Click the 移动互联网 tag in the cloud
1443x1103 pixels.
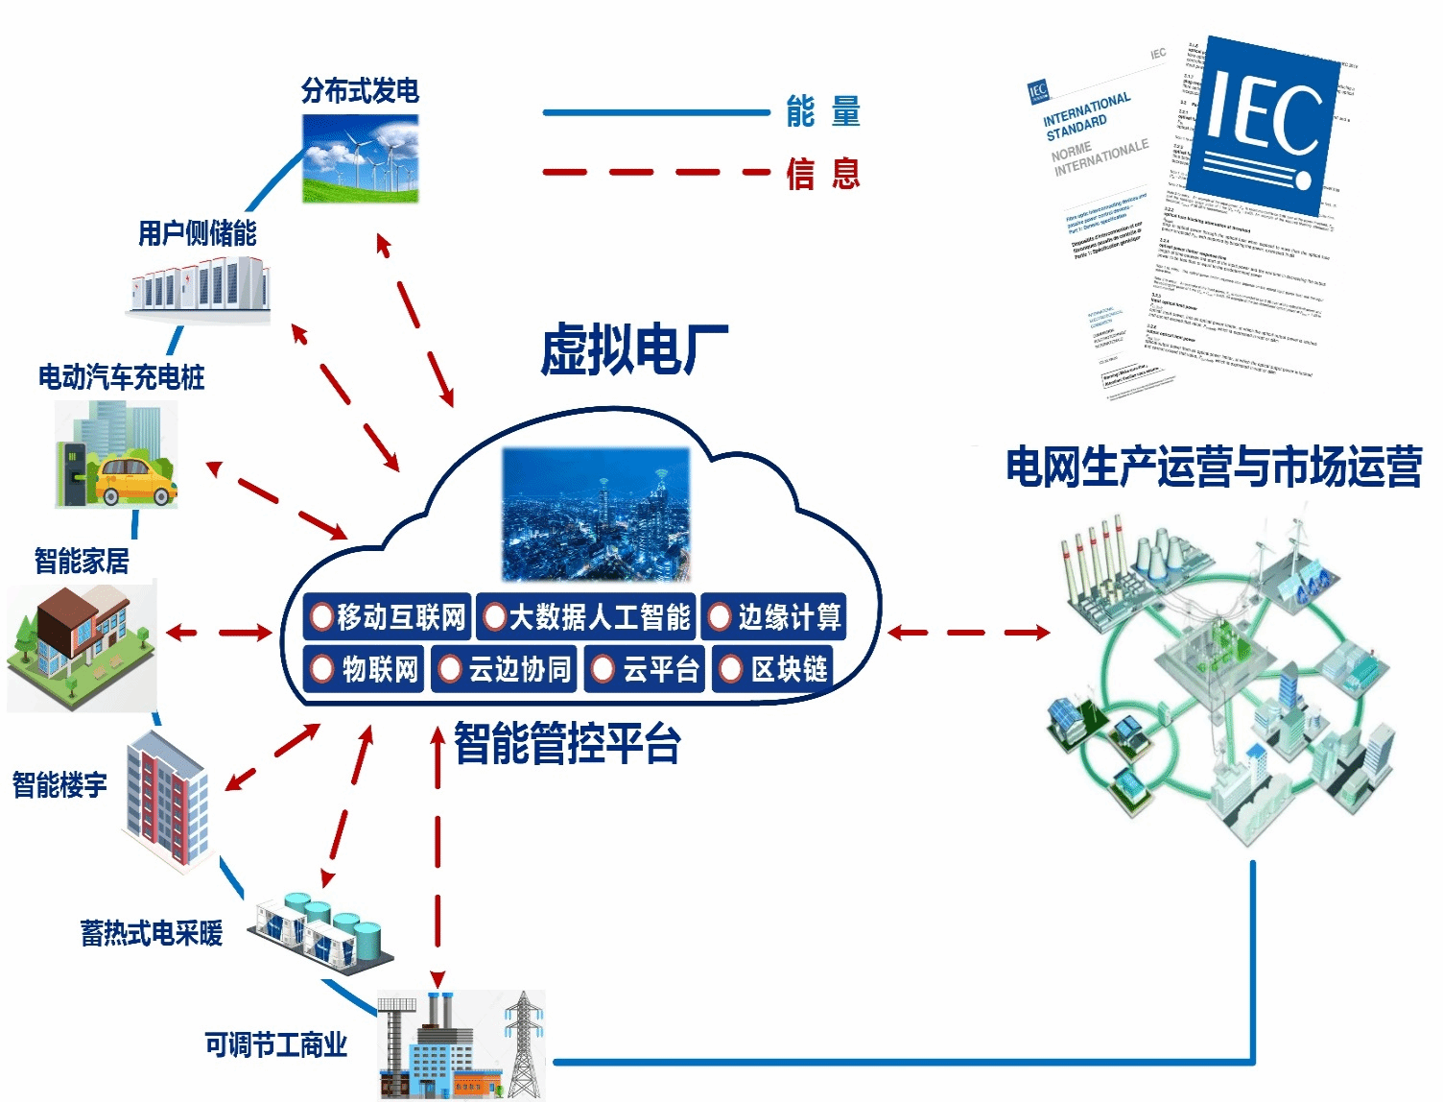point(388,616)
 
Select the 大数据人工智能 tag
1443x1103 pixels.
point(587,616)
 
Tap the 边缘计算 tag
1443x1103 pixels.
point(774,616)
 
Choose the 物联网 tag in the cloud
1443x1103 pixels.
point(365,668)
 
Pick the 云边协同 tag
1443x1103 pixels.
point(505,668)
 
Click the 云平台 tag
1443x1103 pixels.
point(646,668)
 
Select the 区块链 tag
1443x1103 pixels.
point(773,668)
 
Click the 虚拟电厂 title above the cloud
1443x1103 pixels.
point(634,349)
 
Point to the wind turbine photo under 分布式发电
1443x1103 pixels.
point(361,158)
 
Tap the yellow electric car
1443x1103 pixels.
point(134,481)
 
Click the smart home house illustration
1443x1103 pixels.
point(81,645)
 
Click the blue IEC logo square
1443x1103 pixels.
point(1262,124)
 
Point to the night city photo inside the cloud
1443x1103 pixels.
point(596,515)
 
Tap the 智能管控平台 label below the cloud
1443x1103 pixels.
point(567,744)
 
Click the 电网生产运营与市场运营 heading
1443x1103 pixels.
point(1214,468)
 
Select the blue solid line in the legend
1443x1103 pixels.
point(656,112)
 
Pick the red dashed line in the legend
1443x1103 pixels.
point(656,173)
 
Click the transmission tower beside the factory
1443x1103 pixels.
point(524,1045)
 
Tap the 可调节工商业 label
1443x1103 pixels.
point(276,1044)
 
